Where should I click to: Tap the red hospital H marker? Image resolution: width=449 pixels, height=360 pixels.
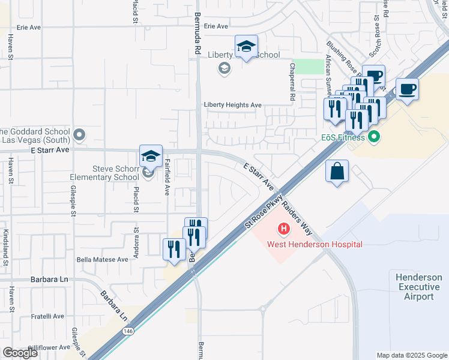[283, 229]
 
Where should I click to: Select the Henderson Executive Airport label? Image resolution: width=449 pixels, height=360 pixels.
[418, 286]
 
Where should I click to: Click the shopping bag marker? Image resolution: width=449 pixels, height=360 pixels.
[337, 172]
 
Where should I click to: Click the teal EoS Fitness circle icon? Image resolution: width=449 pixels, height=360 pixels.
[375, 137]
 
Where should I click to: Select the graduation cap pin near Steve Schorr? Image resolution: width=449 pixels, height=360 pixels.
[151, 157]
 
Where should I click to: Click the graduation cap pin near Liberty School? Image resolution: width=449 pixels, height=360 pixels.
[246, 46]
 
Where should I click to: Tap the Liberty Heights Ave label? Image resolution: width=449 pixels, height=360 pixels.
[233, 105]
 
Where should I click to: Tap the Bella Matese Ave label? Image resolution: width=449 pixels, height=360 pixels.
[102, 260]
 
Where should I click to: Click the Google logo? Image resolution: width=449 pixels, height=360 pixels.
[20, 353]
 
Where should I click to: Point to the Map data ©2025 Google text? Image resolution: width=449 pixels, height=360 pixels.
[411, 355]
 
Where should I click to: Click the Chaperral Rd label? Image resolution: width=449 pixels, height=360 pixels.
[292, 82]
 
